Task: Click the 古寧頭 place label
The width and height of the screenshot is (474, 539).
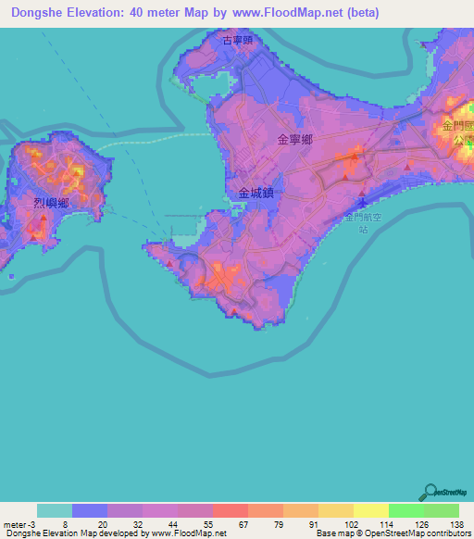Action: click(x=238, y=40)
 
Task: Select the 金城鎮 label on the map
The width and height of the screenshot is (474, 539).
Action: click(x=256, y=194)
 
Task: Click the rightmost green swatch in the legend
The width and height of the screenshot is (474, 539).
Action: click(x=441, y=510)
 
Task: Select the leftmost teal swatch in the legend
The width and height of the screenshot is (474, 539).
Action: click(x=55, y=510)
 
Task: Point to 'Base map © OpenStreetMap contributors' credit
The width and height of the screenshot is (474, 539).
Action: click(x=391, y=533)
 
